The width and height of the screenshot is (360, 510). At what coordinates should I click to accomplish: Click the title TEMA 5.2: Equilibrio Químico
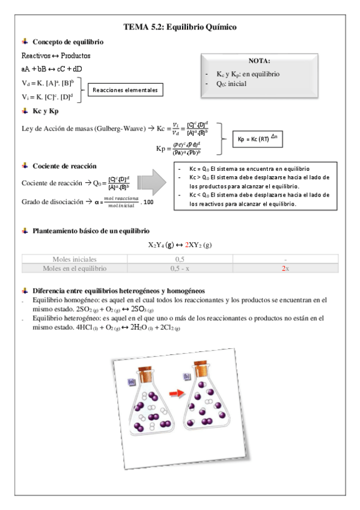(180, 27)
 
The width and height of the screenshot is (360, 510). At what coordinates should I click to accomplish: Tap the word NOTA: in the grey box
(259, 61)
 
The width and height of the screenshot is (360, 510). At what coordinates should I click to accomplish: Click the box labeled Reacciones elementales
(125, 90)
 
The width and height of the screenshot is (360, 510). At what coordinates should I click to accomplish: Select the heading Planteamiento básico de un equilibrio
(96, 231)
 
